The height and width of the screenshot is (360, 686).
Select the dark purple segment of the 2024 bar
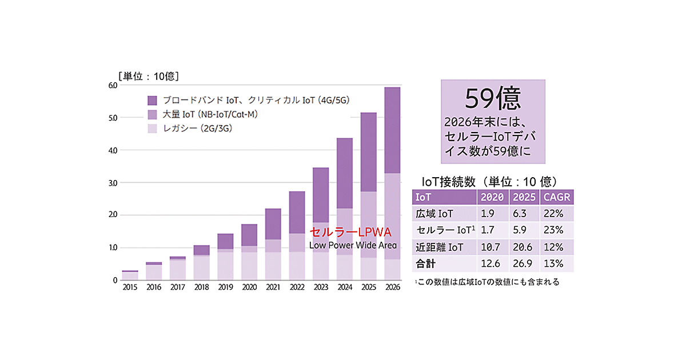344,173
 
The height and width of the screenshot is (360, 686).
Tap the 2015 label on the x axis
130,287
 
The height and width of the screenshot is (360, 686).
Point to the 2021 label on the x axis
273,287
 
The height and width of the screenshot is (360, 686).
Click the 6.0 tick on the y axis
113,86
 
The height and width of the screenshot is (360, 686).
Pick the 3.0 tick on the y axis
113,183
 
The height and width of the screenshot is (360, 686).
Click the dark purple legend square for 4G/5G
152,100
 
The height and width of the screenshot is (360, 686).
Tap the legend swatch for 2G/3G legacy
152,129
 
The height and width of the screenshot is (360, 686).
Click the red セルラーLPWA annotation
350,233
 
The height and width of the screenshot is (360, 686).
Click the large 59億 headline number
492,99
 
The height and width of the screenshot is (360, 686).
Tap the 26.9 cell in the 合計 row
523,263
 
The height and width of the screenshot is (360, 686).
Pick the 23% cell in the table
555,230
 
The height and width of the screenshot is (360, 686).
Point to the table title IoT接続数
448,181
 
